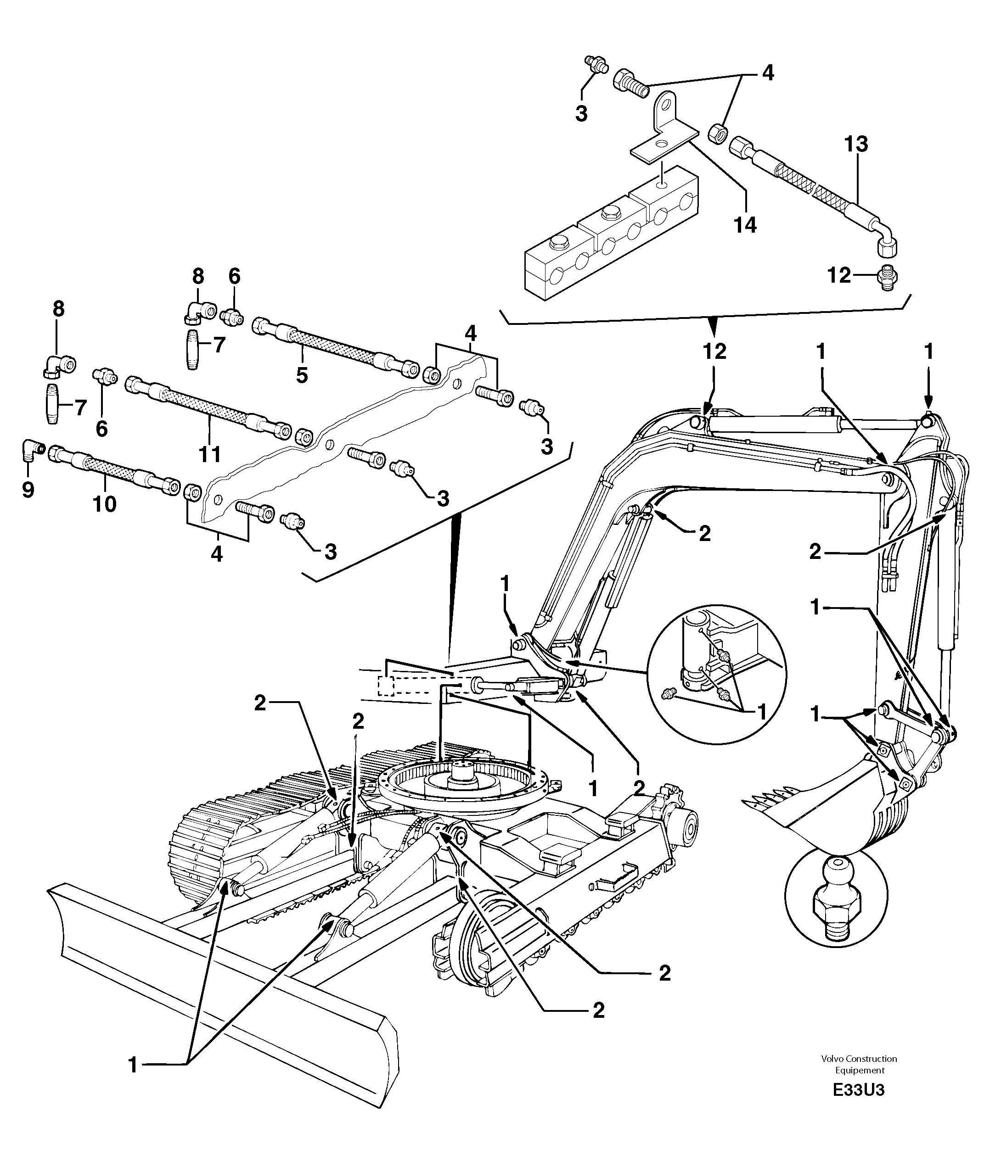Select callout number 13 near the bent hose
point(856,144)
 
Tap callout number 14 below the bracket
point(746,225)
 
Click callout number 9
point(28,490)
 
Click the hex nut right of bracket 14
point(717,134)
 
